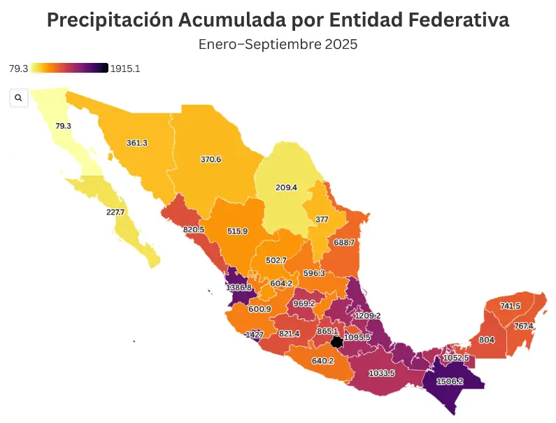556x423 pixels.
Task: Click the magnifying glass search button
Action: coord(18,98)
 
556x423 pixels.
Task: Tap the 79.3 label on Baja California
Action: coord(63,126)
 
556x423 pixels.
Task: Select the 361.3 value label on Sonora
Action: coord(136,143)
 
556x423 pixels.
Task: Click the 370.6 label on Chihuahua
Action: coord(211,159)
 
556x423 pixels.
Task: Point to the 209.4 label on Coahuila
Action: coord(286,187)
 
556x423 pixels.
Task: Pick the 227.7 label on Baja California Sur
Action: coord(115,212)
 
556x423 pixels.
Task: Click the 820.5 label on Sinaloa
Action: coord(194,229)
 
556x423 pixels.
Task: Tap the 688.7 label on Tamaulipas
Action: coord(344,242)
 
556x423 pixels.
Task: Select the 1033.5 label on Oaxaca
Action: coord(382,373)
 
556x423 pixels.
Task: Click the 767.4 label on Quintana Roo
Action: coord(523,327)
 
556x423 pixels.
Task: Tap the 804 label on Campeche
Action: coord(486,340)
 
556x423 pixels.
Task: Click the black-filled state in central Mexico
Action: coord(337,342)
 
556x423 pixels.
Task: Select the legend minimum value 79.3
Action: coord(19,69)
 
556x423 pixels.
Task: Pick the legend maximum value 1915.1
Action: coord(125,69)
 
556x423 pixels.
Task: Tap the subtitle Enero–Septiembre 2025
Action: coord(278,44)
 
